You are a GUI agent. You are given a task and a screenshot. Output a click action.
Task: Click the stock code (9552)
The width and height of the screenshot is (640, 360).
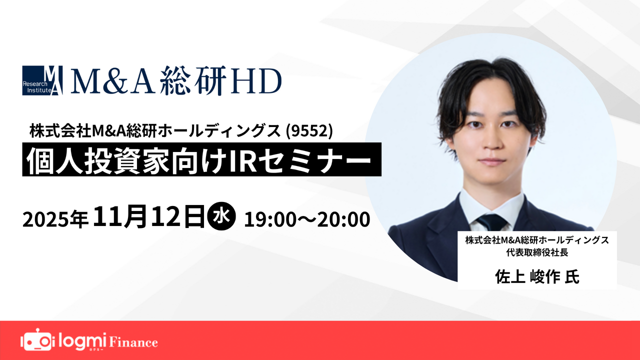(x=315, y=131)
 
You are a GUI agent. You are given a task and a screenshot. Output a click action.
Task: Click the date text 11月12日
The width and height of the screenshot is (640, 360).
(x=149, y=218)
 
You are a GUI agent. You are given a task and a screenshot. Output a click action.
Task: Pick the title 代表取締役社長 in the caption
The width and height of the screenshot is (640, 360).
(x=536, y=252)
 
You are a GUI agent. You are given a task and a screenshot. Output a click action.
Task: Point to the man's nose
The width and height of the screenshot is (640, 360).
(x=491, y=141)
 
